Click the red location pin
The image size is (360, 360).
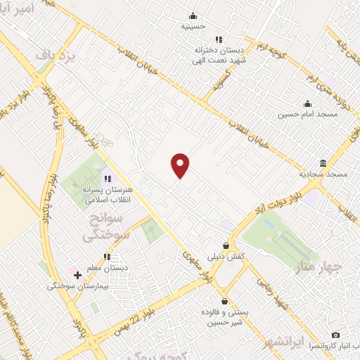point(181,165)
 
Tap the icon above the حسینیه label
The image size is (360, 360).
point(193,16)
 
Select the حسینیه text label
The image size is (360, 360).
point(193,27)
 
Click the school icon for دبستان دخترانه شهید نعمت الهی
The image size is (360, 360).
point(219,39)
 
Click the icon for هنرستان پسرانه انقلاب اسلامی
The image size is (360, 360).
point(108,179)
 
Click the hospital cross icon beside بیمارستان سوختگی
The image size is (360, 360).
point(77,275)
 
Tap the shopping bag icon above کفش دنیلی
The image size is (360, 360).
point(225,246)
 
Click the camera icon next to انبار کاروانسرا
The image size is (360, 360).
point(335,335)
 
